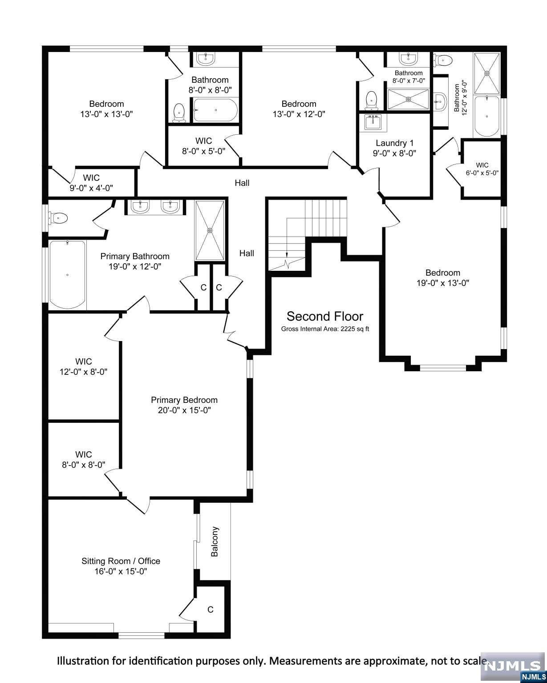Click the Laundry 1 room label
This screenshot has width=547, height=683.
click(x=394, y=143)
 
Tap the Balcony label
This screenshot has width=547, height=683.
click(x=215, y=542)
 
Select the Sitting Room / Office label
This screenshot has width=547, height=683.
click(x=121, y=561)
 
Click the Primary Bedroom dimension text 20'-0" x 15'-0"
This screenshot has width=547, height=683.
click(x=184, y=410)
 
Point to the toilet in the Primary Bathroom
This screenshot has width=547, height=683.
click(x=58, y=218)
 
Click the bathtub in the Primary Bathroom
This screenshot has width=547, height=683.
click(x=67, y=274)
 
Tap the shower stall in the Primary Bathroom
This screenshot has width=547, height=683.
click(x=210, y=230)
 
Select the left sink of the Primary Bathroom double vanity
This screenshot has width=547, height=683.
click(x=140, y=207)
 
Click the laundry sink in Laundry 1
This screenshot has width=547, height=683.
click(x=373, y=122)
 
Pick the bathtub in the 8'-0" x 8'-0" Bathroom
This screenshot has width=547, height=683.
click(x=215, y=110)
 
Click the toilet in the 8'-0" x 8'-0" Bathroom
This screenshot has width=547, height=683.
click(x=179, y=112)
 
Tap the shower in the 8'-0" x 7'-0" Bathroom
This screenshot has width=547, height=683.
click(x=408, y=99)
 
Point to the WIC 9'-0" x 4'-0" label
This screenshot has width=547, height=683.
click(x=91, y=183)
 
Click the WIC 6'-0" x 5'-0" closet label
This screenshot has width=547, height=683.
click(x=482, y=169)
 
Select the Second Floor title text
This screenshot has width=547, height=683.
click(x=324, y=317)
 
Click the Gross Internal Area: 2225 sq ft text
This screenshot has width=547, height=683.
click(x=324, y=329)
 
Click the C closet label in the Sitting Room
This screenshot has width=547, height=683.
click(x=210, y=609)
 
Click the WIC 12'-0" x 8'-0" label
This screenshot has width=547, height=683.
click(x=84, y=366)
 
